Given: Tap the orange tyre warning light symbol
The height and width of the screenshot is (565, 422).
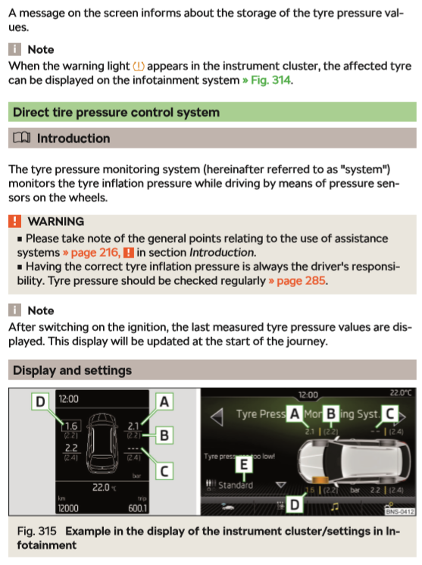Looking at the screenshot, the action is tap(139, 67).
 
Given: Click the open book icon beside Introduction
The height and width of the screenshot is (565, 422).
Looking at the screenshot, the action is tap(22, 138).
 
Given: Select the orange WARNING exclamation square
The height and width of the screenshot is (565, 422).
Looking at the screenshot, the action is tap(14, 221).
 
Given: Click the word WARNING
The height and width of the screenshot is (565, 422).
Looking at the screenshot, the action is tap(56, 221).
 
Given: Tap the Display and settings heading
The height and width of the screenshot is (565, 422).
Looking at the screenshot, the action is tap(72, 370).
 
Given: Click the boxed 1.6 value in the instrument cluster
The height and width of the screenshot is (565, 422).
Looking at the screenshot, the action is tap(71, 426).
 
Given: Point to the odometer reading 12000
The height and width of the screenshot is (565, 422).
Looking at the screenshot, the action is tap(68, 508).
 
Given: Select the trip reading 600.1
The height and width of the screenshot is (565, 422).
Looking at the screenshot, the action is tap(137, 508).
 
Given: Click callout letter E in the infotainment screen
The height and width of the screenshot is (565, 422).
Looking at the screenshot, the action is tap(244, 464).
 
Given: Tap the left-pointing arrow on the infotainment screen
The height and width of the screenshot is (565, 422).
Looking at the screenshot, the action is tap(217, 417).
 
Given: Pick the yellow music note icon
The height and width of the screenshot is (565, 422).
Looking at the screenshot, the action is tap(335, 507).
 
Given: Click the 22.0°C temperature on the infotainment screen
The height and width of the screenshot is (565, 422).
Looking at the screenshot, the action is tap(400, 392).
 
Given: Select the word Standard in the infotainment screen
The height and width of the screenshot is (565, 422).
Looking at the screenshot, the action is tap(236, 485).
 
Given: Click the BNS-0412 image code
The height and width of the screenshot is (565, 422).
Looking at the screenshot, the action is tap(400, 511).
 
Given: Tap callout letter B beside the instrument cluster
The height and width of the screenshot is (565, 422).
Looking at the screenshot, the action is tap(164, 435).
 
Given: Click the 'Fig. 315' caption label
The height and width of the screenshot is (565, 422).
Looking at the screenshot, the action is tap(37, 531).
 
